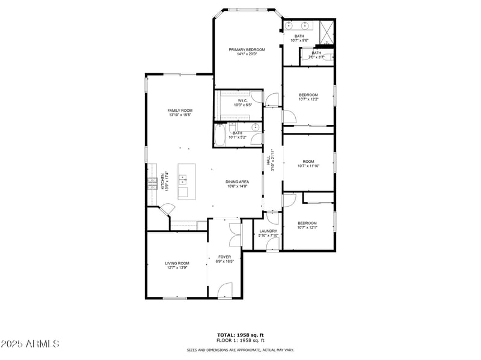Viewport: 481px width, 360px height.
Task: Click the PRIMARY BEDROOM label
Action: pos(247,49)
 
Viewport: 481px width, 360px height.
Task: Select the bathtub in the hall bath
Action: pos(219,134)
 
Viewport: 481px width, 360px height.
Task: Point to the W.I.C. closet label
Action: pos(242,100)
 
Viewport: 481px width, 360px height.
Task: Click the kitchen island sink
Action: pos(183,178)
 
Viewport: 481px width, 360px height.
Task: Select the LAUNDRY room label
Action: pos(268,231)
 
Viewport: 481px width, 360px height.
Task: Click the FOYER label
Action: pos(224,257)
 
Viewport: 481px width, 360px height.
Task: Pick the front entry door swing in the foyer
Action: pos(224,290)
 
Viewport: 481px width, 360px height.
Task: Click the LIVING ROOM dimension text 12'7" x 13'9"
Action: pos(177,267)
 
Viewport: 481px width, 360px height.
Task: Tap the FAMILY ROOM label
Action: pos(180,111)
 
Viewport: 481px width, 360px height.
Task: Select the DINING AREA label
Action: pos(237,182)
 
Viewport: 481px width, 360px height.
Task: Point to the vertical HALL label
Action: pos(268,160)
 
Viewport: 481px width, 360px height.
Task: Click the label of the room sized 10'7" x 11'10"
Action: pos(308,161)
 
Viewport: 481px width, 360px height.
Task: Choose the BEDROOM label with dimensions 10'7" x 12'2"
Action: pos(308,94)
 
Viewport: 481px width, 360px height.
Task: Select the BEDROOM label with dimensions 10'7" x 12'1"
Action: pos(307,223)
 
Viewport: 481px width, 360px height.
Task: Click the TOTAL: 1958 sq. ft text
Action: pos(240,334)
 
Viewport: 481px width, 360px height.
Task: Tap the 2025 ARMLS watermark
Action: pos(30,344)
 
